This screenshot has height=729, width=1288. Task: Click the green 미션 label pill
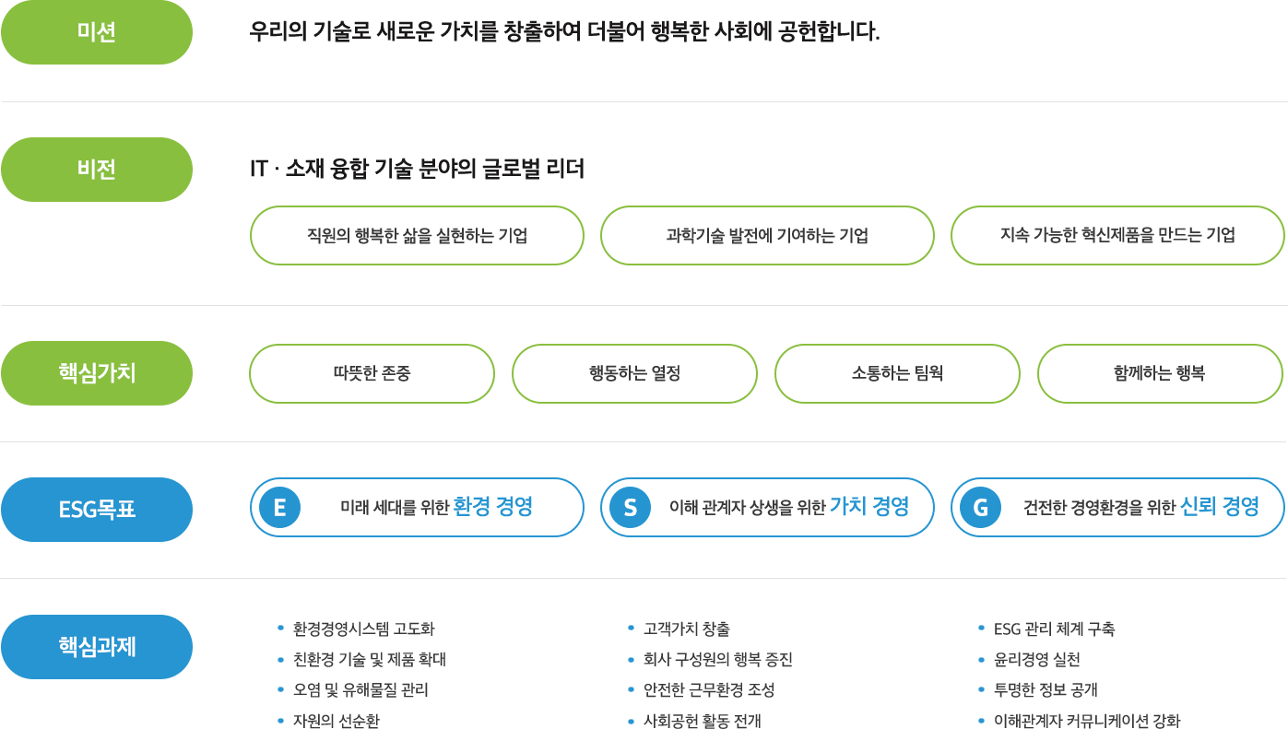coord(97,32)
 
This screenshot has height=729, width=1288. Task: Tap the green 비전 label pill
coord(97,170)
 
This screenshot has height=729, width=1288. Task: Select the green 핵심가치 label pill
coord(97,373)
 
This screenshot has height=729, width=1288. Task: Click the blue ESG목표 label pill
coord(97,510)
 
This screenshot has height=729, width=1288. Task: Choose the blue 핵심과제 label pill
coord(97,647)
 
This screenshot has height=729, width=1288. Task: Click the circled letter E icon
coord(280,507)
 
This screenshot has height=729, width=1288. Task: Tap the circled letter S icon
coord(631,507)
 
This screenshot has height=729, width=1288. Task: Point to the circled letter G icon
coord(980,507)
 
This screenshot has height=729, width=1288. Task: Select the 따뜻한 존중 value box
coord(372,373)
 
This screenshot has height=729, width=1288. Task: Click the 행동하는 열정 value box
coord(635,373)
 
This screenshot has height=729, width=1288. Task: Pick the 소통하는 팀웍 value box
coord(898,373)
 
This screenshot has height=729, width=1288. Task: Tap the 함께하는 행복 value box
coord(1161,373)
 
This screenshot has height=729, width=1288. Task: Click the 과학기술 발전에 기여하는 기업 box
coord(768,236)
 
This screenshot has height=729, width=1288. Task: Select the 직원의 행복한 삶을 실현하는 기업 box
coord(417,236)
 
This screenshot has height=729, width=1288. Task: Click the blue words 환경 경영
coord(492,507)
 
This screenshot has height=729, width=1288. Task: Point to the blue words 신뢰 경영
coord(1220,507)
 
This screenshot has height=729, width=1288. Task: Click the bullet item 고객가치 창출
coord(687,629)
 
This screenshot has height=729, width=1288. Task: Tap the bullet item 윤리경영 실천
coord(1036,660)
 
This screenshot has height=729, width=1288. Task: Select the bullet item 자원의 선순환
coord(337,721)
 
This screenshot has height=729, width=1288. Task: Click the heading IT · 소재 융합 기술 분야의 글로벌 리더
coord(417,169)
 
